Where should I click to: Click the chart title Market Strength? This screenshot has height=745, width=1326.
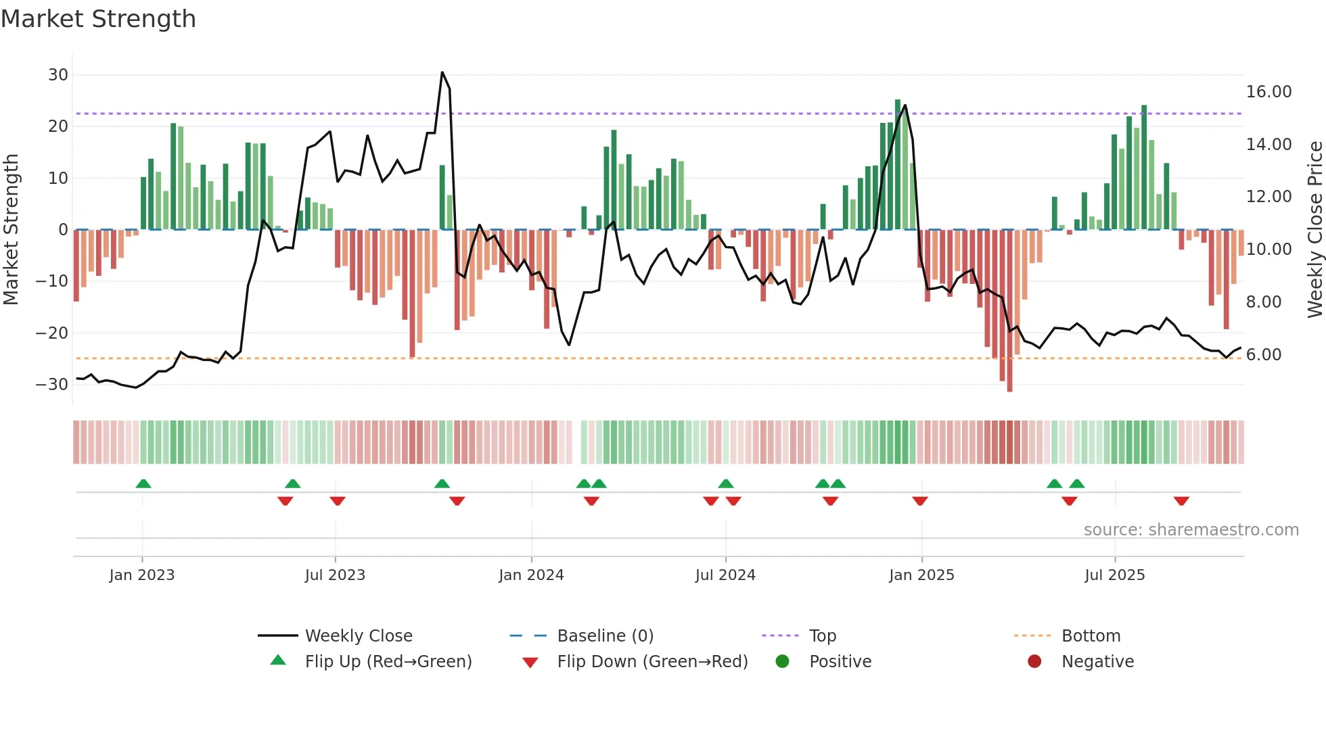tap(98, 19)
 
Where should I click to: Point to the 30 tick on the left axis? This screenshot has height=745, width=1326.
tap(58, 75)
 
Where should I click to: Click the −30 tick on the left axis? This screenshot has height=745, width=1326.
tap(52, 385)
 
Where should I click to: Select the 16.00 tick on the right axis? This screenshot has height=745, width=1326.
tap(1268, 92)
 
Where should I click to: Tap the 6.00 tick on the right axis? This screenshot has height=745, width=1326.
tap(1263, 355)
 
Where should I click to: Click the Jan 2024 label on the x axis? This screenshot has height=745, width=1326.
tap(531, 575)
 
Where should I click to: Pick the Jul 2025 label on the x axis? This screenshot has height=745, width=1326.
tap(1114, 575)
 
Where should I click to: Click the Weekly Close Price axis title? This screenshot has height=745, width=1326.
tap(1314, 230)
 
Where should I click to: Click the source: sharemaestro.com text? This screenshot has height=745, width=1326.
tap(1191, 530)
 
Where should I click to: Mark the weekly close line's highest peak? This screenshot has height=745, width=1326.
tap(442, 72)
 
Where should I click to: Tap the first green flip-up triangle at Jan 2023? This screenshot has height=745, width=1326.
tap(143, 483)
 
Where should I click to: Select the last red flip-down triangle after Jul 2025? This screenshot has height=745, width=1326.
tap(1181, 501)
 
